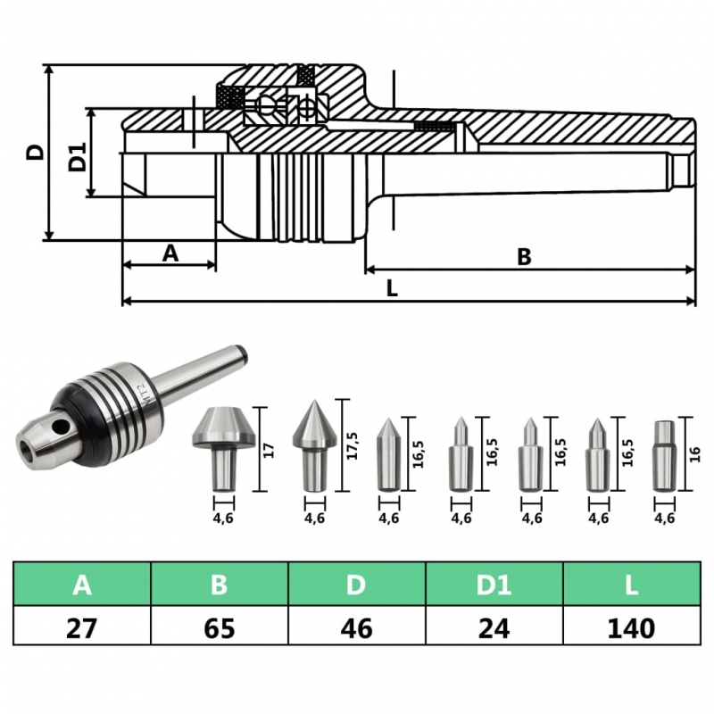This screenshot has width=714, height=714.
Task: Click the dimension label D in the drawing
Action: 35,152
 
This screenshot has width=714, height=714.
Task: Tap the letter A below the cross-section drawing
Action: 170,253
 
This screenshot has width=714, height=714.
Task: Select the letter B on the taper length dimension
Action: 525,257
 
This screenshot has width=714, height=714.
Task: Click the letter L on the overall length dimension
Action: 391,287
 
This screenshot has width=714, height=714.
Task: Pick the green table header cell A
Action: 82,585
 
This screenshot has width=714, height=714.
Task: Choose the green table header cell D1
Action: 494,585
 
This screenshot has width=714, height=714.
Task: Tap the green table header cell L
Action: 631,585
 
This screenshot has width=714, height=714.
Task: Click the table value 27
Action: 82,627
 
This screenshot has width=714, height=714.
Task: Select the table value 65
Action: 220,627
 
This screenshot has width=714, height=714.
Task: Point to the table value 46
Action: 356,627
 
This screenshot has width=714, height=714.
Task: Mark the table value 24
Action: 494,627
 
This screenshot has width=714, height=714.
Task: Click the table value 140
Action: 631,627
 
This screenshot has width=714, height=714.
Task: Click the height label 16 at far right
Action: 696,452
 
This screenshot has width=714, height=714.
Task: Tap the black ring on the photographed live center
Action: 85,446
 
